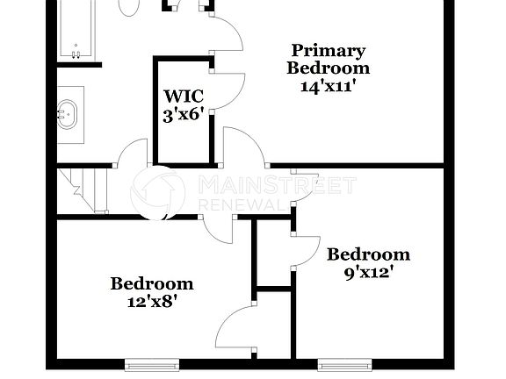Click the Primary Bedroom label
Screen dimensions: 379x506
[329, 59]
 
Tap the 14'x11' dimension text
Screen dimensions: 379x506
[329, 87]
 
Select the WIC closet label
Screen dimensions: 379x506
[184, 97]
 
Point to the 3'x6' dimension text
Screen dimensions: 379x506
[184, 114]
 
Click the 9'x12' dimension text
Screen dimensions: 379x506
[368, 272]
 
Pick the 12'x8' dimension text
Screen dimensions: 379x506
[151, 301]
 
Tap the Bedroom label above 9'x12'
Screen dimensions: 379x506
[368, 254]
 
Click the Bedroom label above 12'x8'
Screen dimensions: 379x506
[151, 283]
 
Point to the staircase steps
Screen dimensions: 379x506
[83, 190]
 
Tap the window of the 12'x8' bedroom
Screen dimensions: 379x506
[152, 363]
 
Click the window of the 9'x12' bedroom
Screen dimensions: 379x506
[344, 363]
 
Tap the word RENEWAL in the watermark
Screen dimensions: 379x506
[242, 204]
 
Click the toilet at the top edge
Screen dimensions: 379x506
[130, 7]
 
